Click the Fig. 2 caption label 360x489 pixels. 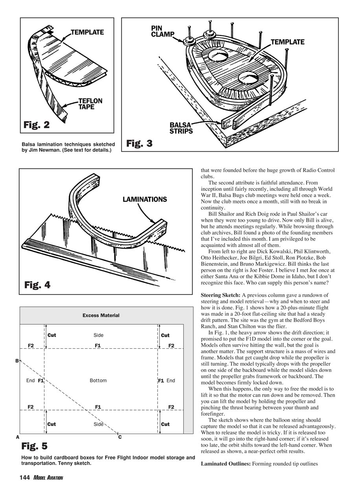pyautogui.click(x=37, y=125)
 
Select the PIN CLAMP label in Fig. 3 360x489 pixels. pyautogui.click(x=162, y=31)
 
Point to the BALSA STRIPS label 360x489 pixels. pyautogui.click(x=181, y=128)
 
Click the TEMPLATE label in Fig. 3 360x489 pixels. pyautogui.click(x=288, y=42)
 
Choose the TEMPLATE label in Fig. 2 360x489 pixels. pyautogui.click(x=87, y=33)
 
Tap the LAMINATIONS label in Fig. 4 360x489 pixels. pyautogui.click(x=145, y=200)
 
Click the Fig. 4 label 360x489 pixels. pyautogui.click(x=37, y=284)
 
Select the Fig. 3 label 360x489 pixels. pyautogui.click(x=139, y=143)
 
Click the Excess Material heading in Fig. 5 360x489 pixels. pyautogui.click(x=101, y=315)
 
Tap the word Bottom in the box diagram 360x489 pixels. pyautogui.click(x=98, y=381)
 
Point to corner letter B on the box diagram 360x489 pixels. pyautogui.click(x=17, y=361)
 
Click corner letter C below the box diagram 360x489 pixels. pyautogui.click(x=119, y=437)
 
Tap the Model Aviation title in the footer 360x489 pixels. pyautogui.click(x=48, y=478)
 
